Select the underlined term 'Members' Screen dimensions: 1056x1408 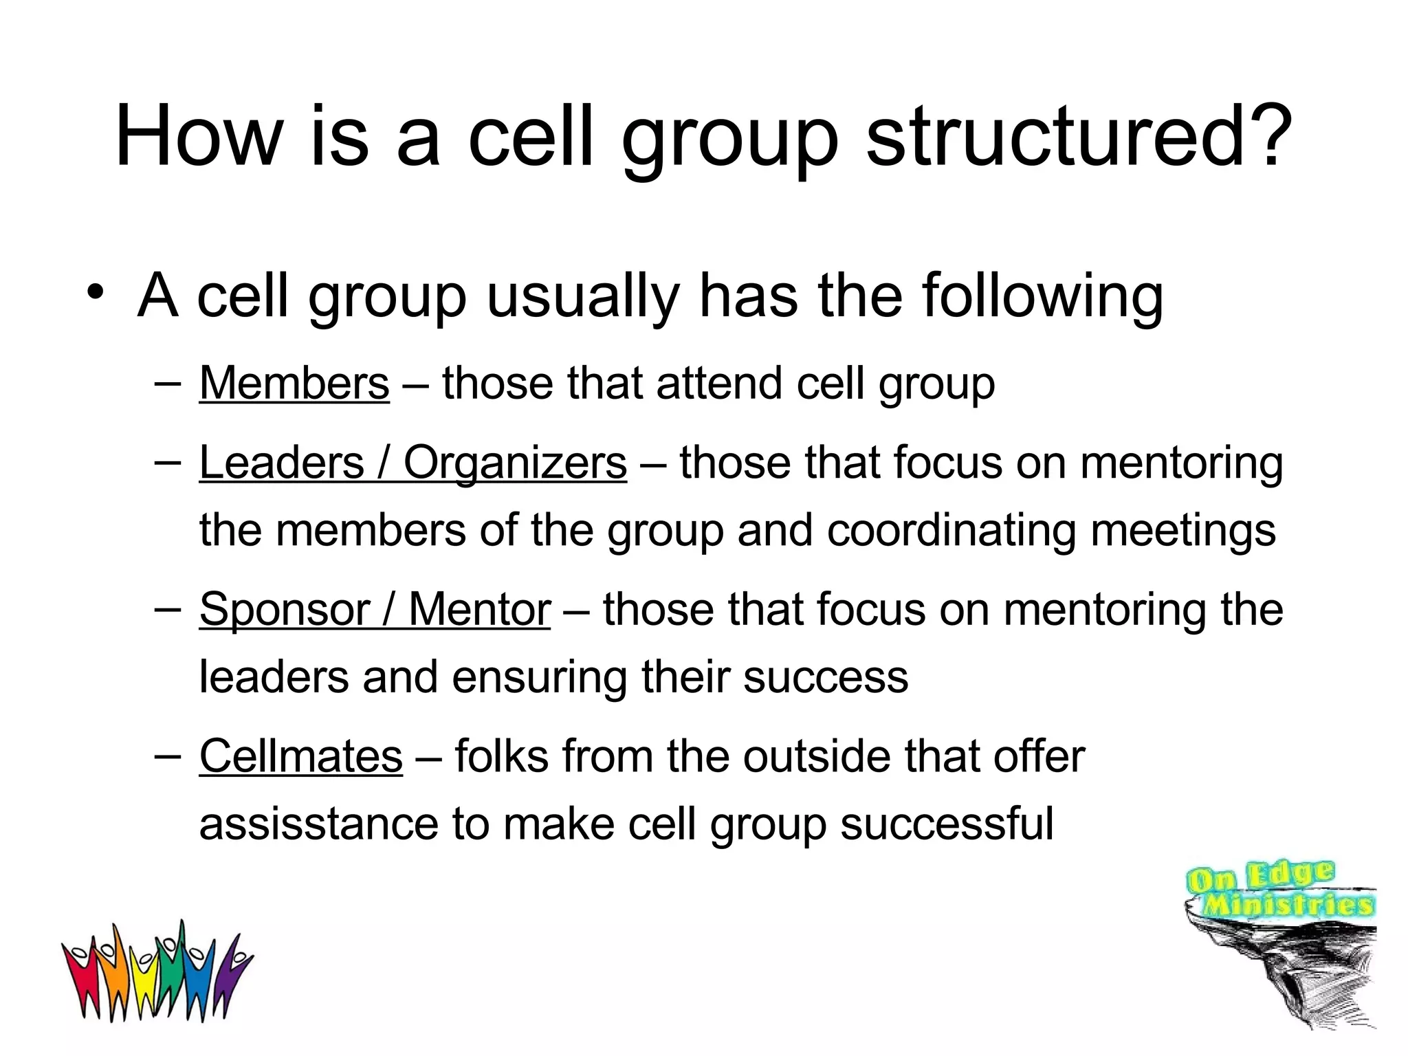point(294,383)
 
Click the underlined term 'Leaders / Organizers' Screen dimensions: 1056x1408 point(412,462)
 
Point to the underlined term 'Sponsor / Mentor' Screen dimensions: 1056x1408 point(375,609)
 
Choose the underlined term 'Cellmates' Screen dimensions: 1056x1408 point(300,756)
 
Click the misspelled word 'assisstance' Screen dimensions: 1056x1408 point(318,824)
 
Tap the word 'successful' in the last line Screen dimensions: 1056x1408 point(947,824)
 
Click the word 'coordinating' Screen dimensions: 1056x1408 point(951,531)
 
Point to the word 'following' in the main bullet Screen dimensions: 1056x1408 point(1042,297)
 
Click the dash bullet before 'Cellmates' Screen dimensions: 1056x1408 point(168,755)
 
